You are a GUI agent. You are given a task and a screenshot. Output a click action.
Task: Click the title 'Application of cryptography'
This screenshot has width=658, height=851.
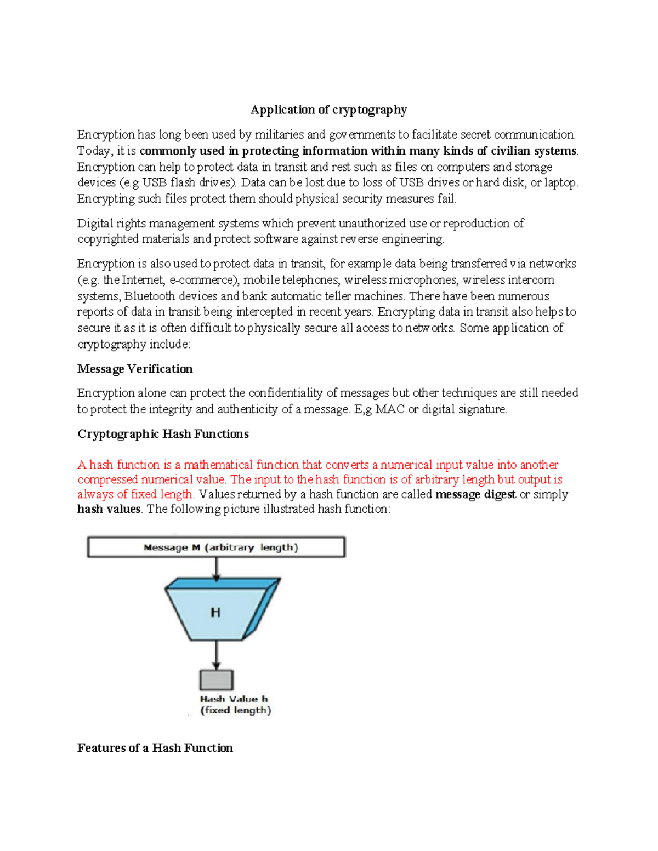click(328, 110)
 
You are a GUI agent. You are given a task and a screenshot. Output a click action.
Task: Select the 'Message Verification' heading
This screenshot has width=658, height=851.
click(135, 369)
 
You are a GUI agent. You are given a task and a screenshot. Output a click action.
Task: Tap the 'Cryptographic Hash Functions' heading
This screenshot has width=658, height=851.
click(163, 434)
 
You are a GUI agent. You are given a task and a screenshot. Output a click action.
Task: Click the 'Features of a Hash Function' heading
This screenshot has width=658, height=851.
click(155, 748)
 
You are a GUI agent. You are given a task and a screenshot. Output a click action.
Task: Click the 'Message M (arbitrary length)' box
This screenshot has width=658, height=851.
click(216, 547)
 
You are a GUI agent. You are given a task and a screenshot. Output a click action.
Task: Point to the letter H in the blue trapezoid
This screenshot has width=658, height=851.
click(215, 613)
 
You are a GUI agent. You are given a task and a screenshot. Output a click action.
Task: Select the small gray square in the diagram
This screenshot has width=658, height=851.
click(216, 680)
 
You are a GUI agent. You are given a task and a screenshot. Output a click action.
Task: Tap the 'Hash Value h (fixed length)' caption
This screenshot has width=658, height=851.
click(235, 705)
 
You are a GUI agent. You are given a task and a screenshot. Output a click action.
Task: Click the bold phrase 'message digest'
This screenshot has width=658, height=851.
click(475, 494)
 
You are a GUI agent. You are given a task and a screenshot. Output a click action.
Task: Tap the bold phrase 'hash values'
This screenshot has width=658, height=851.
click(109, 509)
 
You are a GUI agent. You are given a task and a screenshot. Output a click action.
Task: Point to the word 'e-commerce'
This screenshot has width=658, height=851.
click(202, 280)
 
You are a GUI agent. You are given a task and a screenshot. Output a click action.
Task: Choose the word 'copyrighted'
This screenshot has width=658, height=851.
click(107, 239)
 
